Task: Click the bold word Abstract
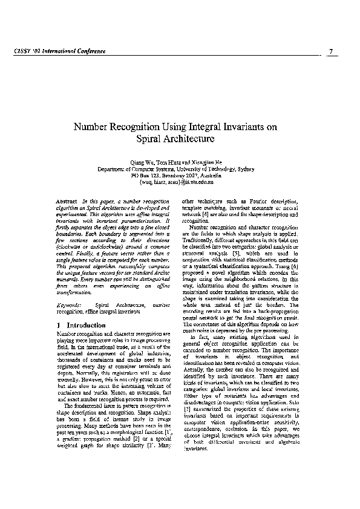(x=66, y=200)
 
